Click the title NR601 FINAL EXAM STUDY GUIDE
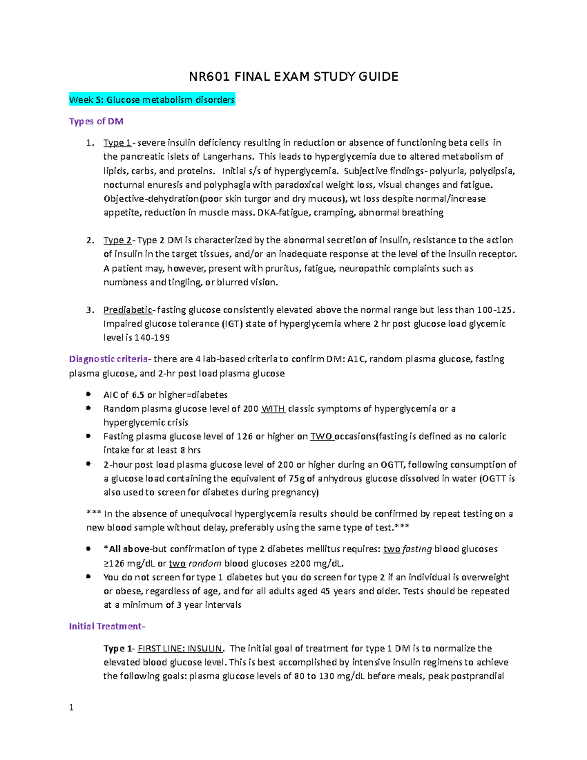(x=293, y=77)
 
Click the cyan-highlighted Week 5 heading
(x=152, y=100)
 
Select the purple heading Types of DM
(x=96, y=121)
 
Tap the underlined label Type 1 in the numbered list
(x=117, y=143)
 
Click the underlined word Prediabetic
(x=128, y=310)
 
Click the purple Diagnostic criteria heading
(x=108, y=359)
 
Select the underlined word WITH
(x=273, y=409)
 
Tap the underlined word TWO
(x=321, y=437)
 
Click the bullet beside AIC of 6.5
(x=88, y=394)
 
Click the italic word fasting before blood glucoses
(x=417, y=549)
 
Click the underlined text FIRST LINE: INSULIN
(x=180, y=648)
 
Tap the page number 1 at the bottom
(x=71, y=707)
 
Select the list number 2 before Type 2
(x=90, y=240)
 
